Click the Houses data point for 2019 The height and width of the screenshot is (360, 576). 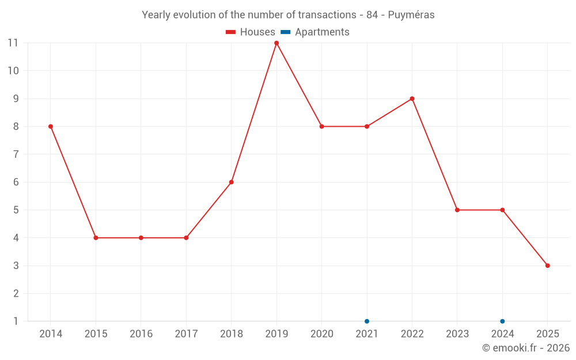[x=276, y=43]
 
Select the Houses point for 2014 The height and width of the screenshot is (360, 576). [x=51, y=127]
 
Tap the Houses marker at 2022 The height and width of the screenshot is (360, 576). [x=412, y=98]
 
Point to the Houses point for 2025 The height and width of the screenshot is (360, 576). [x=547, y=266]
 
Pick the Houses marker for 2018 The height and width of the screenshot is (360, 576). [x=232, y=182]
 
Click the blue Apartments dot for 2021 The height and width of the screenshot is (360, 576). [x=367, y=321]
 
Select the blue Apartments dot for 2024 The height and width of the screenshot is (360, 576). [x=502, y=321]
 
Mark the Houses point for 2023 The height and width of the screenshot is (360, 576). [x=457, y=210]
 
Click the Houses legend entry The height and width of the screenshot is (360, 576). [x=251, y=32]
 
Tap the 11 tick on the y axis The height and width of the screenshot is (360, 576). [x=13, y=43]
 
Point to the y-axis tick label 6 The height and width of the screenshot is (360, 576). [x=16, y=182]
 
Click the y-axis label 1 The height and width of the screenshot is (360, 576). [x=16, y=321]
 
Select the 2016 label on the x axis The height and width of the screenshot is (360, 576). [x=141, y=334]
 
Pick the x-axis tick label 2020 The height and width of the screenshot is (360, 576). [x=321, y=334]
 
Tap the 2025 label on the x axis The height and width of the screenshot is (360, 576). [x=547, y=334]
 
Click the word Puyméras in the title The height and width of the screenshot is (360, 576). [x=411, y=15]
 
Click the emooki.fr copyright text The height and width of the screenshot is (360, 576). [x=525, y=348]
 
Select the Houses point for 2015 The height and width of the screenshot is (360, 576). [x=96, y=238]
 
